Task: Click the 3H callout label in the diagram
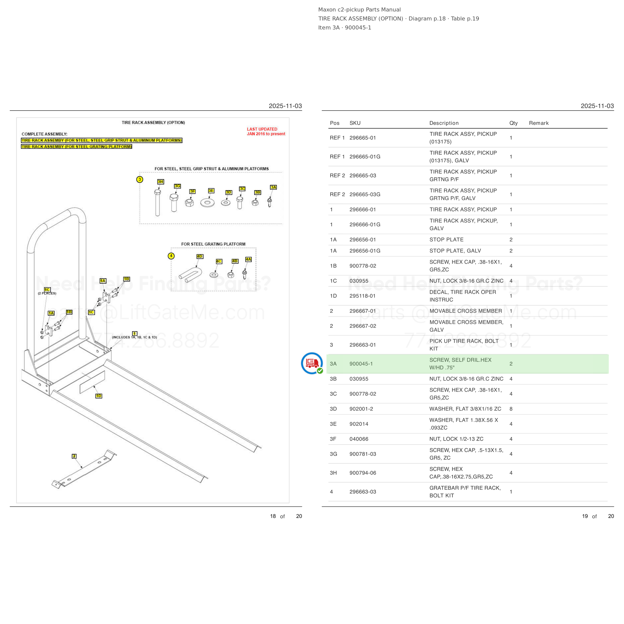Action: coord(160,182)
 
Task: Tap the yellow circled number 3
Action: coord(140,179)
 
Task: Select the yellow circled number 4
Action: coord(171,256)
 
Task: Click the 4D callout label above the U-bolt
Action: coord(200,256)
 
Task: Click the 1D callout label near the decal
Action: coord(99,396)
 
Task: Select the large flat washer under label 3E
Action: coord(207,203)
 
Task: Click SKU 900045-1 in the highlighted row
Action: coord(361,364)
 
